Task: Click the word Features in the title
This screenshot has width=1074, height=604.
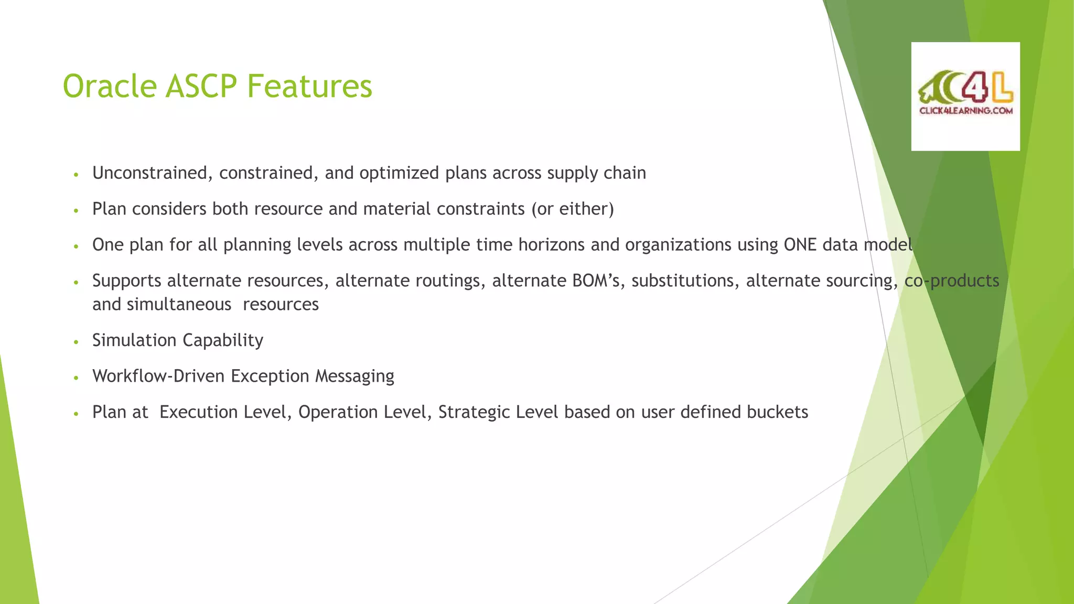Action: [309, 86]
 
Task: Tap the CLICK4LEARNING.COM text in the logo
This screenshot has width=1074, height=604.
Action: [965, 111]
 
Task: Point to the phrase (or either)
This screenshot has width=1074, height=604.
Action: [572, 209]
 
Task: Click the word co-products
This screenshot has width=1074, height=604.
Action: [952, 281]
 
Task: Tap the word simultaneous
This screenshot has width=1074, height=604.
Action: [179, 305]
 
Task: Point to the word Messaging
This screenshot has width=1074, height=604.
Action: [355, 376]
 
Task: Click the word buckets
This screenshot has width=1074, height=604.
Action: [777, 412]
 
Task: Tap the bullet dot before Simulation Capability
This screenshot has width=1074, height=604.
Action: [76, 342]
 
